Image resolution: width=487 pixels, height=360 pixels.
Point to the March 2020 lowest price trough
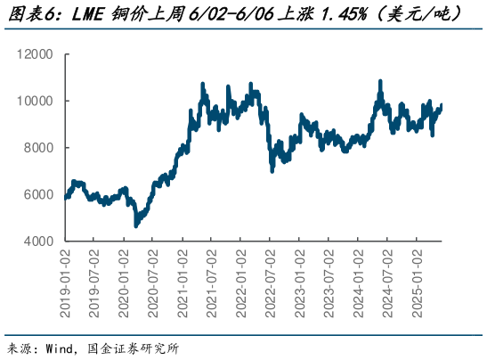tap(135, 225)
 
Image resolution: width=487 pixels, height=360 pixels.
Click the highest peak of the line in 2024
tap(381, 81)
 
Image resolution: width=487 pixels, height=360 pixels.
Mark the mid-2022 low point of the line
tap(272, 170)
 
